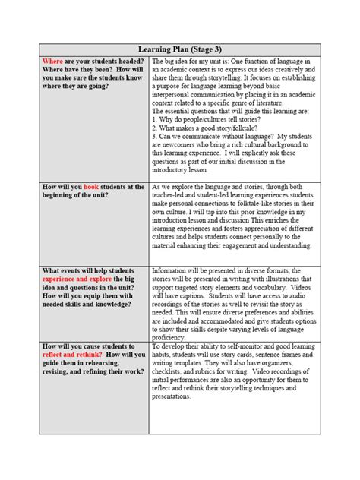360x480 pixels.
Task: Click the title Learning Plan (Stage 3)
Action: pyautogui.click(x=180, y=49)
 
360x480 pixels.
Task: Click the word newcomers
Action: pyautogui.click(x=177, y=147)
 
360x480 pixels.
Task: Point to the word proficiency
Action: pyautogui.click(x=173, y=336)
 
